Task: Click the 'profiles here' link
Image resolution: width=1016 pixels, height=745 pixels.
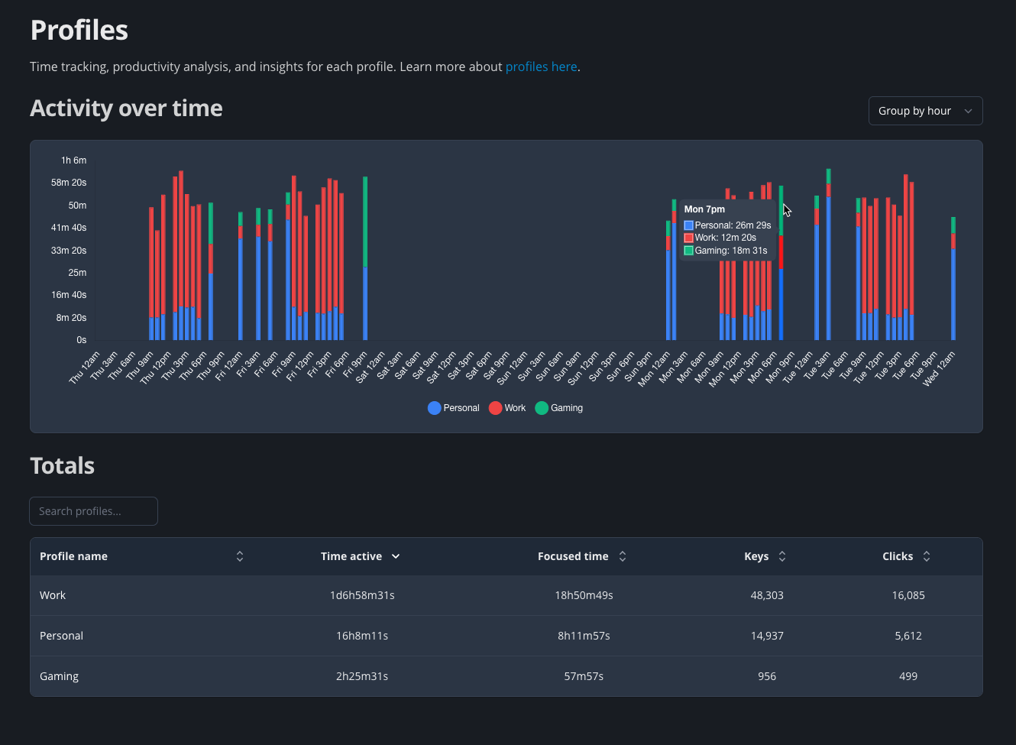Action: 541,66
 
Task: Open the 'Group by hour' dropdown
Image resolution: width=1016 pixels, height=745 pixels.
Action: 925,111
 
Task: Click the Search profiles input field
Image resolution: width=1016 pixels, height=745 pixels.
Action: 93,511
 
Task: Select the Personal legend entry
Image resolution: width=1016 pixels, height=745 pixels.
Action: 454,408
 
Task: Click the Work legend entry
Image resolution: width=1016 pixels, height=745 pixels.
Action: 507,408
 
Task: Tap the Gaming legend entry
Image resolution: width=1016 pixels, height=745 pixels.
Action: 559,408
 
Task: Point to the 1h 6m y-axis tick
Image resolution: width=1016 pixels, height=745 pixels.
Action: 74,160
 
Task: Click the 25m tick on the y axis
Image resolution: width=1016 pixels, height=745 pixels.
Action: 77,273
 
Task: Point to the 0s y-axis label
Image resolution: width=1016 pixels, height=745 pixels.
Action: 81,340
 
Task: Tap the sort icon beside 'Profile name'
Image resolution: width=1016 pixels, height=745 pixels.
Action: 240,556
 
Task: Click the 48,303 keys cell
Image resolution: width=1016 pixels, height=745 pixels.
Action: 767,595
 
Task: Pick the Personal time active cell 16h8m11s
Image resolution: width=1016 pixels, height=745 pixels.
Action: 362,636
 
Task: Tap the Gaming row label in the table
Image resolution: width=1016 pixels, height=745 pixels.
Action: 60,676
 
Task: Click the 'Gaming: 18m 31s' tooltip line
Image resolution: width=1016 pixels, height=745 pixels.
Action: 730,251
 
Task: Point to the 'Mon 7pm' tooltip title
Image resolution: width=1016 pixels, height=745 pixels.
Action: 704,209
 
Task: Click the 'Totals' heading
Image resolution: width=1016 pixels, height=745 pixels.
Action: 63,466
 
